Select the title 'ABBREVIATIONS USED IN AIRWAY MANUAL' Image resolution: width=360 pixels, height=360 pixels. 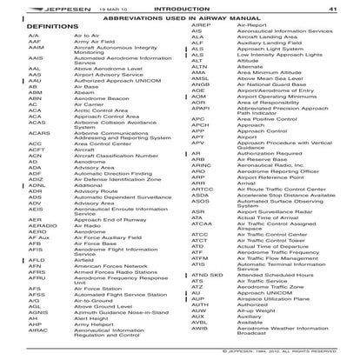pos(181,19)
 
